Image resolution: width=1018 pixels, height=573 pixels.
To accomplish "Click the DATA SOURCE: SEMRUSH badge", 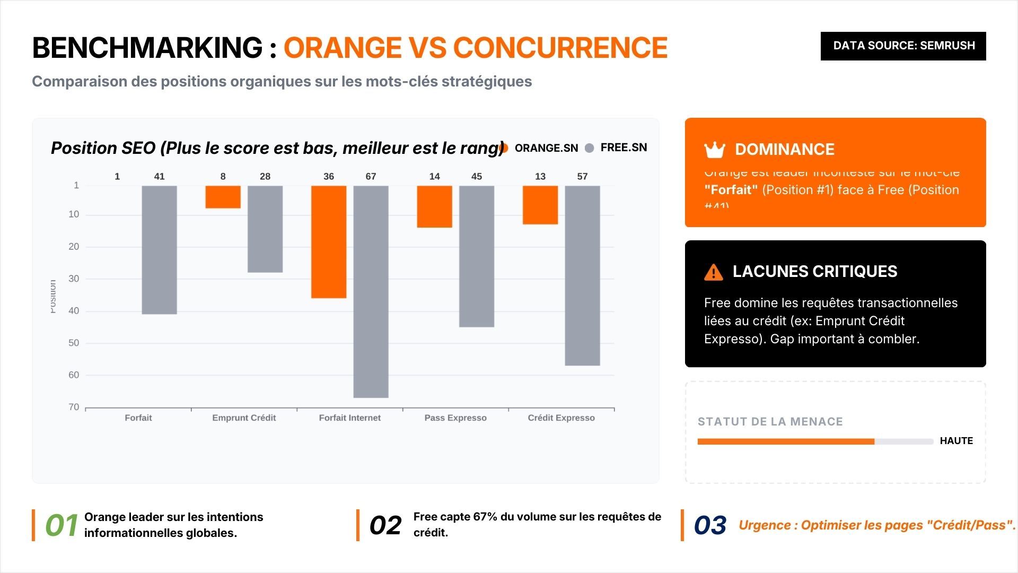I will tap(903, 46).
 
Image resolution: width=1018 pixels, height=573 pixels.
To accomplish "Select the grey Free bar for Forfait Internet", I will tap(371, 291).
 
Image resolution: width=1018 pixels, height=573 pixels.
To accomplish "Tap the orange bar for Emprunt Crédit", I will tap(223, 197).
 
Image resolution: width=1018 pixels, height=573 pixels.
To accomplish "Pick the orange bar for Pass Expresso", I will tap(434, 206).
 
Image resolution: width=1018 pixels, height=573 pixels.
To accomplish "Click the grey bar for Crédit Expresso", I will tap(582, 275).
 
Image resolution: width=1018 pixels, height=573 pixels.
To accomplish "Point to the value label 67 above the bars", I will tap(371, 176).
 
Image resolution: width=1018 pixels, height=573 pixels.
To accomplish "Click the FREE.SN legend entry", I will tap(616, 147).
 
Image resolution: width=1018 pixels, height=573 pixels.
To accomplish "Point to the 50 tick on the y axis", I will tap(74, 343).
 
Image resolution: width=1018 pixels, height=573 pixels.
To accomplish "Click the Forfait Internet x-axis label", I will tap(349, 418).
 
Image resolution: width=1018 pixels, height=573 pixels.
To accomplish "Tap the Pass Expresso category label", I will tap(455, 418).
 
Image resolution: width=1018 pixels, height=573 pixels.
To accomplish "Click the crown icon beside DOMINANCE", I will tap(714, 150).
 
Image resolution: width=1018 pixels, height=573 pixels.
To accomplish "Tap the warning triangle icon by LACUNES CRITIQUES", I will tap(713, 272).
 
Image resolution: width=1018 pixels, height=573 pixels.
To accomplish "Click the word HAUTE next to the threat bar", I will tap(956, 441).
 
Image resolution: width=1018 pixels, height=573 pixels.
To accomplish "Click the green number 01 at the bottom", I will tap(62, 525).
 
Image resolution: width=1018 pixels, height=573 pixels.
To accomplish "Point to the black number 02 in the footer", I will tap(385, 525).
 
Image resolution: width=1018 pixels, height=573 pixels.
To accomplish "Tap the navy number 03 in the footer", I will tap(710, 525).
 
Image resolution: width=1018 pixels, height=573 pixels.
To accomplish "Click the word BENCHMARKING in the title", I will tap(147, 48).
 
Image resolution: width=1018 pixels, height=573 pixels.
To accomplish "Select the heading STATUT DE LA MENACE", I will tap(770, 422).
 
